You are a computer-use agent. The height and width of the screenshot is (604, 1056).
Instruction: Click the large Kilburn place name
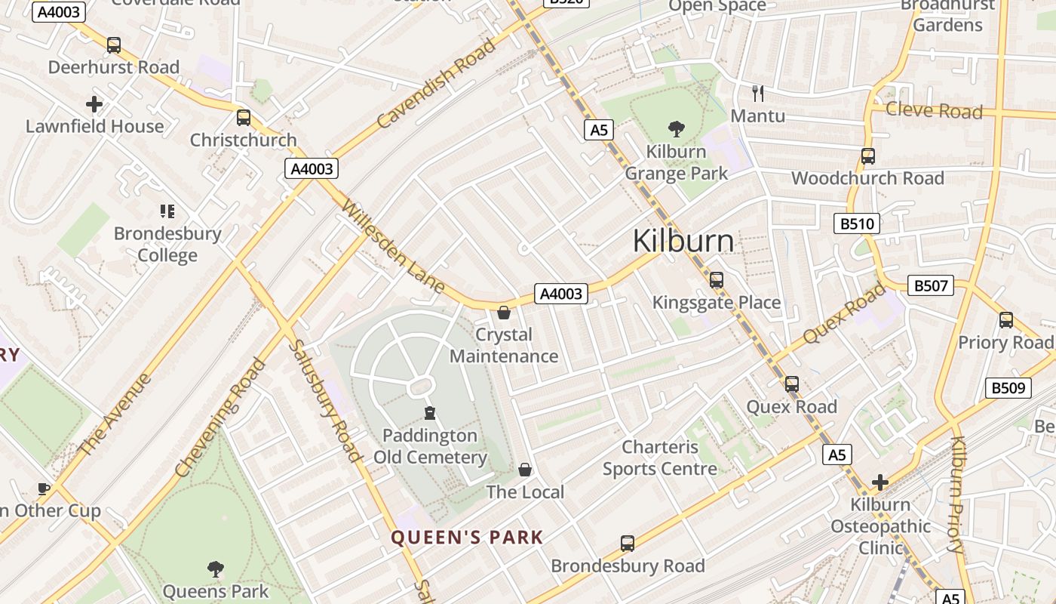683,241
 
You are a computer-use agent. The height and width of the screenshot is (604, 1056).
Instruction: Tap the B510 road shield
858,223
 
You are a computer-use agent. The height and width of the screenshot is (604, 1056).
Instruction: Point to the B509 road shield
1008,388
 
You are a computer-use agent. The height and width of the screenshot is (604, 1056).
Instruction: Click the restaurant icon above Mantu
758,94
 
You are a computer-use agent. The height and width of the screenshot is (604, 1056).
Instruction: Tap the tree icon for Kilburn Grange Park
676,129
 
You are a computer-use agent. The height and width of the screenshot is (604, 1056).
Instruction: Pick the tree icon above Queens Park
216,569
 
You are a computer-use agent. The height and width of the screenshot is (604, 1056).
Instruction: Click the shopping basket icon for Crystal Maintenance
504,312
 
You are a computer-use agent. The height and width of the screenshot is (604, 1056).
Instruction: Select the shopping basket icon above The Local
525,470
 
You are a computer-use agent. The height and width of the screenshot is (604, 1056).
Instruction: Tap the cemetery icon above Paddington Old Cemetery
430,412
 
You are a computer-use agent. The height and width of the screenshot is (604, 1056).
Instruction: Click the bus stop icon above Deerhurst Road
114,45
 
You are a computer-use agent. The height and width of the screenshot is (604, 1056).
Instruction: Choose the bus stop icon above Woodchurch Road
868,156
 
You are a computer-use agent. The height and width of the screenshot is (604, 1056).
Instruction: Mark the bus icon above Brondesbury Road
627,543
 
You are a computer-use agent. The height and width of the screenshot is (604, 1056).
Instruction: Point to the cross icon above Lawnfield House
94,104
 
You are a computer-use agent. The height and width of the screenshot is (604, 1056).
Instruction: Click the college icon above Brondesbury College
167,211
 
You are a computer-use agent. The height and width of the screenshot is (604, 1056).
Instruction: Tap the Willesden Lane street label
392,246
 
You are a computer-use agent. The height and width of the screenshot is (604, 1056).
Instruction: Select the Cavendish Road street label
437,84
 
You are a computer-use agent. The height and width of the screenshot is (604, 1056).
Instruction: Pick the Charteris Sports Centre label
660,458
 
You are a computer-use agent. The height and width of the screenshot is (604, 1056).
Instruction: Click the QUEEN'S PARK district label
467,538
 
